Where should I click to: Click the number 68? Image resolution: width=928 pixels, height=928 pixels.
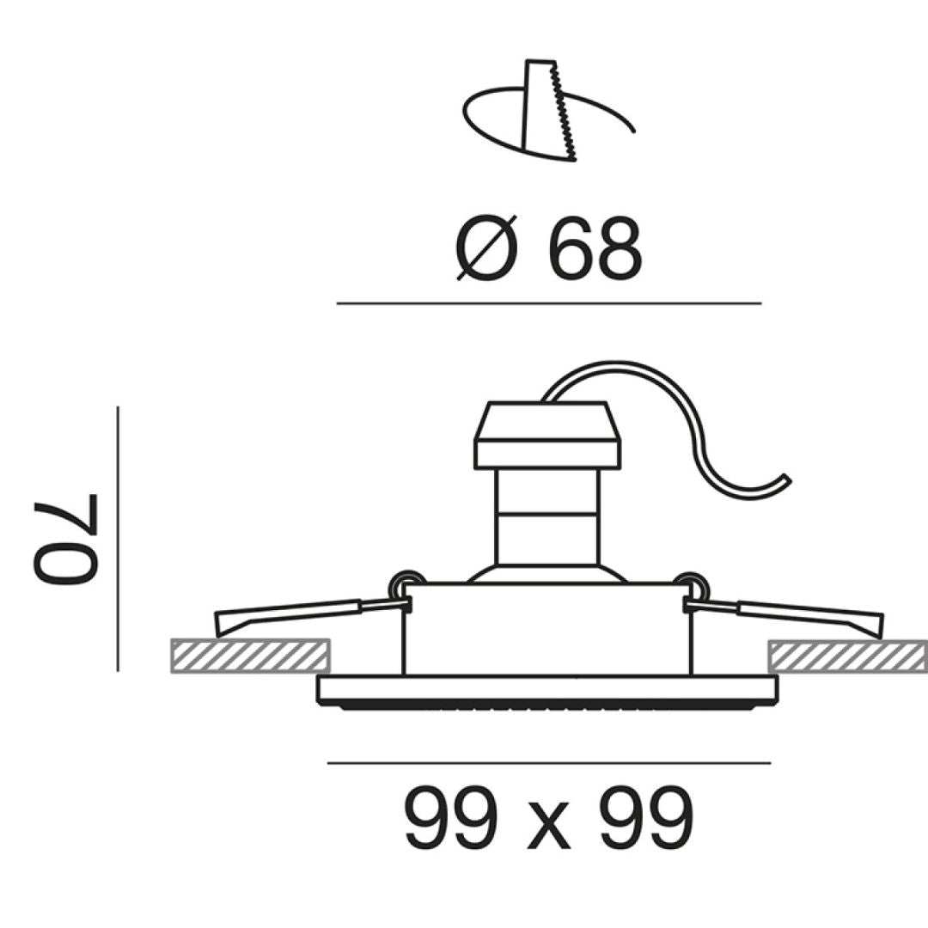click(x=595, y=250)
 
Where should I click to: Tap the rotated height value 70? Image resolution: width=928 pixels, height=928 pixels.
click(x=67, y=540)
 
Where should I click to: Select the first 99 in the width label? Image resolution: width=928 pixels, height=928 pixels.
click(x=451, y=818)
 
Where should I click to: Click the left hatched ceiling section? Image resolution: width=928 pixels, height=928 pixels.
click(x=251, y=656)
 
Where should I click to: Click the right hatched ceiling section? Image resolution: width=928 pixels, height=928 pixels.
click(x=847, y=656)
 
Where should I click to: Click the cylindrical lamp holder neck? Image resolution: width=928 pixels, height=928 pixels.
click(x=547, y=516)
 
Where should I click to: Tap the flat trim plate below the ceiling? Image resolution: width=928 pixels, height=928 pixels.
click(x=547, y=689)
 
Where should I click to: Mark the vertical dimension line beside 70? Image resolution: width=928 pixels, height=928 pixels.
click(x=118, y=539)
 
